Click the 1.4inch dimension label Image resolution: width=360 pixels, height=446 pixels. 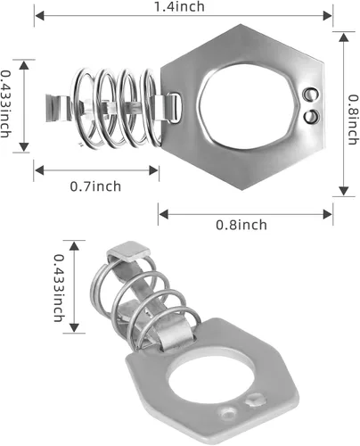pos(179,6)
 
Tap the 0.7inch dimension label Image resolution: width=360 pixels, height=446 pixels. pos(95,186)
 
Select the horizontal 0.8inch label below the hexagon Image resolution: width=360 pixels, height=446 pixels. pos(241,225)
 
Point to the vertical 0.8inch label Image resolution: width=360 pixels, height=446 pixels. pos(353,120)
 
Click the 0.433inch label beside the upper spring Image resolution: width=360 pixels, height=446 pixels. pos(5,103)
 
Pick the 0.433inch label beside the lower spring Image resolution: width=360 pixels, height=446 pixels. pos(59,288)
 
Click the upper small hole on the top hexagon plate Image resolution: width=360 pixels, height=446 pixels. pos(310,95)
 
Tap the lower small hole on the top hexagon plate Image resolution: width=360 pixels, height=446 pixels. pos(312,116)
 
